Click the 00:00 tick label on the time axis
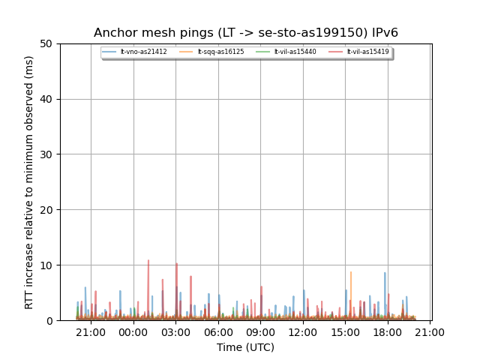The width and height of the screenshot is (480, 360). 133,332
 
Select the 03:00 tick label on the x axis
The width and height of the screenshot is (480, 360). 176,332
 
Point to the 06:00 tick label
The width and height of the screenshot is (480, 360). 218,332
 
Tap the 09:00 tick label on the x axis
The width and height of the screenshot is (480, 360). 261,332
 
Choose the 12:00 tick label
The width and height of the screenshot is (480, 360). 303,332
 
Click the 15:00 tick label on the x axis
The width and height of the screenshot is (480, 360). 346,332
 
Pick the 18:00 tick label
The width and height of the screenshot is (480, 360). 388,332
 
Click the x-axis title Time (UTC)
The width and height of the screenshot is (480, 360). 245,347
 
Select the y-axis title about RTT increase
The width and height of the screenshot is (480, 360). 29,182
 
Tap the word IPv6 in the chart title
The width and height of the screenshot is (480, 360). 382,33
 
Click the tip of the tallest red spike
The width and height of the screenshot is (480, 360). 148,260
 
